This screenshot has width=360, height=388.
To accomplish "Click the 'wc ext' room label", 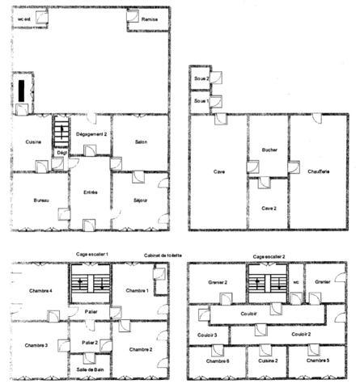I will click(x=23, y=19).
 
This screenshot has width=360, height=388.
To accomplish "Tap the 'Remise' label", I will click(x=150, y=19).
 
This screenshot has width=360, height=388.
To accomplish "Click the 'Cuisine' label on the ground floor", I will click(x=33, y=142).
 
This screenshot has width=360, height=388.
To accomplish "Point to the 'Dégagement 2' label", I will click(x=91, y=133).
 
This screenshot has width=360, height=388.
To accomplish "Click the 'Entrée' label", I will click(x=90, y=192).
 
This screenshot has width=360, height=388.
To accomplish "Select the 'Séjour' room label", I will click(x=140, y=200).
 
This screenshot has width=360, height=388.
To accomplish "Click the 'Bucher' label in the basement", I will click(x=269, y=150).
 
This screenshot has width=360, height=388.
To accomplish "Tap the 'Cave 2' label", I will click(x=269, y=208).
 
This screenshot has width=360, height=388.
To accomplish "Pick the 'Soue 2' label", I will click(x=201, y=78).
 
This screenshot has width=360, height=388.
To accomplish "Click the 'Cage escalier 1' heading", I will click(x=91, y=255).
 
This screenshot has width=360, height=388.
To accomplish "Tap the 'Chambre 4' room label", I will click(x=40, y=291).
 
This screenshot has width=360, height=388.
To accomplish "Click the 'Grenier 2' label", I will click(x=214, y=282).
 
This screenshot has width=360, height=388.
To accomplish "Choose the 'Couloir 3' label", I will click(x=207, y=334).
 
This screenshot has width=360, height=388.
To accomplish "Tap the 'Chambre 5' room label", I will click(x=316, y=360).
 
